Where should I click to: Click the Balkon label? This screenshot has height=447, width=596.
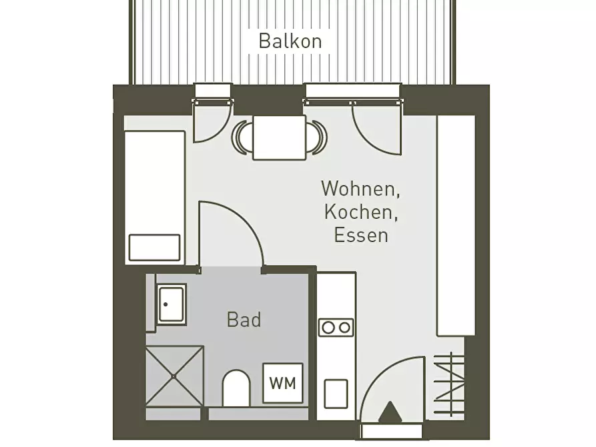(x=290, y=41)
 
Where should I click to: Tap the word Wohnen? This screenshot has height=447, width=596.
(x=360, y=188)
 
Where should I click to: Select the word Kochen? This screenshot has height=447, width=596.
(x=360, y=211)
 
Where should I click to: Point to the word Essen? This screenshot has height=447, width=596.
(x=361, y=235)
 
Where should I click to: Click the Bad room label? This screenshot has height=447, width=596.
(x=244, y=320)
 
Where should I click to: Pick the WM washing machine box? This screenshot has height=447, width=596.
(x=283, y=383)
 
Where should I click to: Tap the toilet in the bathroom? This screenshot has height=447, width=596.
(x=236, y=388)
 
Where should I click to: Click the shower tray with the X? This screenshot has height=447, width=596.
(x=174, y=376)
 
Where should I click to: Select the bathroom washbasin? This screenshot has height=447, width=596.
(x=172, y=304)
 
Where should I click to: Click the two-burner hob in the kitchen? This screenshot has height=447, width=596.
(x=336, y=328)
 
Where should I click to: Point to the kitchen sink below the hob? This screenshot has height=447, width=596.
(x=336, y=394)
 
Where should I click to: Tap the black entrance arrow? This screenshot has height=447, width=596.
(x=390, y=412)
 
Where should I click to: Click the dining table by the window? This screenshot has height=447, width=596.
(x=280, y=137)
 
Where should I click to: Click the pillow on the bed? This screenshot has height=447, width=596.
(x=154, y=248)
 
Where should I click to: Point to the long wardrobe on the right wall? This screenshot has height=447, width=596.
(x=456, y=226)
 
